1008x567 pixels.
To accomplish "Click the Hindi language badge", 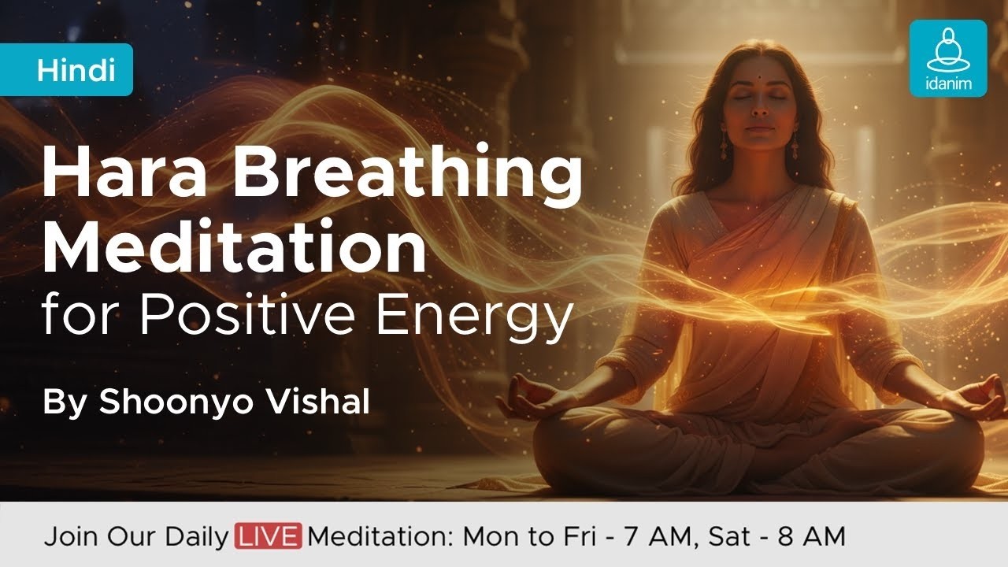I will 76,70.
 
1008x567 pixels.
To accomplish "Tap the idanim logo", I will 947,58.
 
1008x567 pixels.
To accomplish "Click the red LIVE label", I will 268,537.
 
